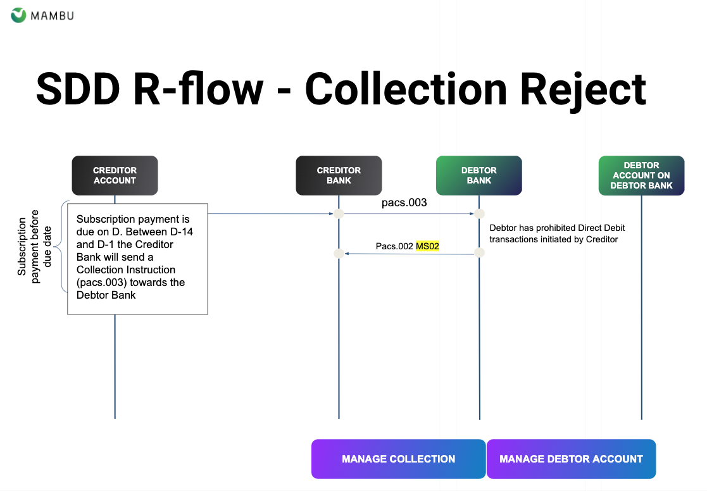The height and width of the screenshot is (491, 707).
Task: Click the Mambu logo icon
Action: (x=19, y=15)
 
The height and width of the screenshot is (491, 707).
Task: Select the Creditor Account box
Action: (x=115, y=175)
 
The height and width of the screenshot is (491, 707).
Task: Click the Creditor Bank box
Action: (x=339, y=175)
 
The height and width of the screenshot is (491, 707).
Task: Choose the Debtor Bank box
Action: (x=479, y=175)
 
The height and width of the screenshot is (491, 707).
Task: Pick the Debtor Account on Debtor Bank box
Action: (x=641, y=175)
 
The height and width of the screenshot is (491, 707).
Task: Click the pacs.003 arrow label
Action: (x=404, y=203)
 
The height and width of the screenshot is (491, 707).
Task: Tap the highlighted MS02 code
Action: (x=427, y=245)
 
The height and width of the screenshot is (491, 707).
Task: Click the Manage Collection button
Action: (x=398, y=459)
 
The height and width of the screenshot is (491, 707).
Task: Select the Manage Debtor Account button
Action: (x=571, y=459)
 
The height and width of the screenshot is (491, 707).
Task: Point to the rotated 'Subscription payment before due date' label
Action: (x=28, y=247)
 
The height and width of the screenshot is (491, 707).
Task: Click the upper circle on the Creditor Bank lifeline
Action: (x=339, y=214)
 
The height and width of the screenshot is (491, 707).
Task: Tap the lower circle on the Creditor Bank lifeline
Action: (x=339, y=254)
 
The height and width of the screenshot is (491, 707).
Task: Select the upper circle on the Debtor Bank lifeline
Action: (x=479, y=214)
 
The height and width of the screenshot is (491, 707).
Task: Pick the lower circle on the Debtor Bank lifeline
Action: (x=479, y=253)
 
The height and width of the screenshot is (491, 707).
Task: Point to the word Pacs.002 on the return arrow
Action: (x=394, y=245)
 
